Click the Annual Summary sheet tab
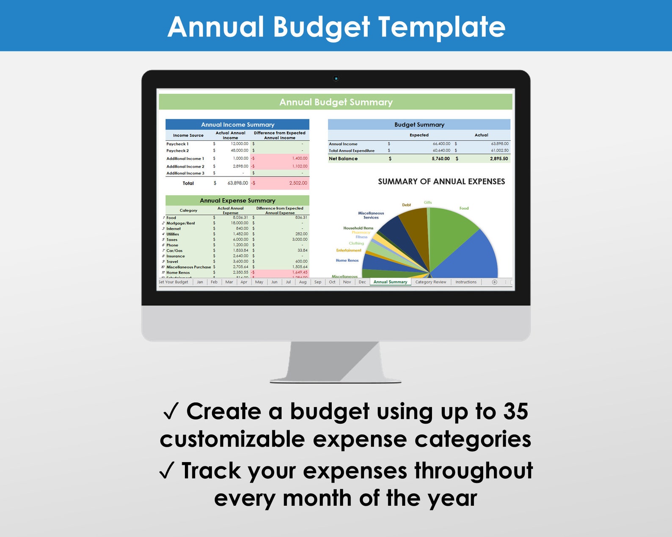click(390, 282)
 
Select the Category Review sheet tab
click(430, 282)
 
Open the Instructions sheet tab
click(465, 282)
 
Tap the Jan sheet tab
click(200, 282)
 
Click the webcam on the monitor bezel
click(336, 79)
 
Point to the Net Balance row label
click(343, 159)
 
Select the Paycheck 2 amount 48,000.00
click(240, 151)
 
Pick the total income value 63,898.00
click(237, 183)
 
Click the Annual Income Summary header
click(237, 125)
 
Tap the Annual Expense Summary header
click(237, 200)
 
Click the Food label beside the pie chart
click(464, 208)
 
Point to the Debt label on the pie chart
click(406, 205)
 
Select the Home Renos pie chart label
click(347, 260)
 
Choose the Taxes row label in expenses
click(172, 240)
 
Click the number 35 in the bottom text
click(515, 411)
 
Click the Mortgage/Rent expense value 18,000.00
click(240, 223)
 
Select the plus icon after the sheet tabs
click(494, 282)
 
